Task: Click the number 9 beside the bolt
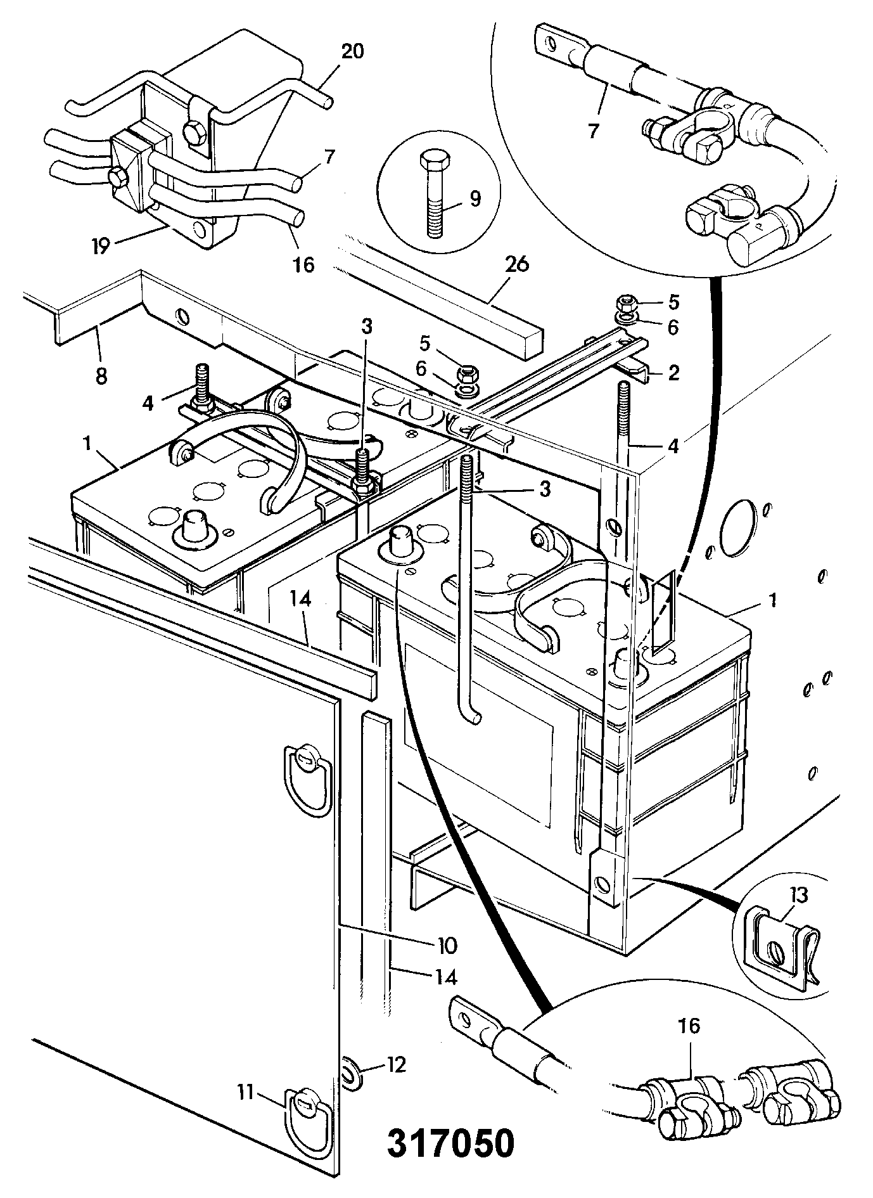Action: point(475,198)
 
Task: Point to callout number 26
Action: point(518,265)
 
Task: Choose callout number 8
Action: point(101,376)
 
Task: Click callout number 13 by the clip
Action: point(799,895)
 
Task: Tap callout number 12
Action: point(397,1064)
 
